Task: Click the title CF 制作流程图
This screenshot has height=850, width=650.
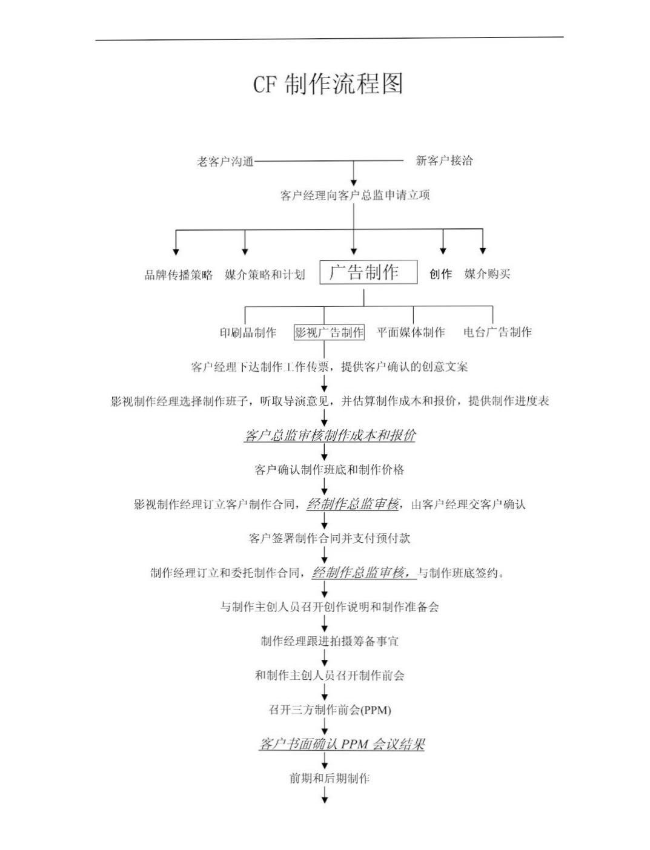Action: [328, 84]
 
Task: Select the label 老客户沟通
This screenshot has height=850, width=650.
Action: [225, 161]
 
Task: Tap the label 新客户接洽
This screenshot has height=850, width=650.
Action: [444, 160]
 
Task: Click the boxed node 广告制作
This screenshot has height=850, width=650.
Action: [368, 272]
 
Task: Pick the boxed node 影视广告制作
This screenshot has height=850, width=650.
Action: [330, 332]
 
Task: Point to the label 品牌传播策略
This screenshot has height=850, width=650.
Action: [179, 275]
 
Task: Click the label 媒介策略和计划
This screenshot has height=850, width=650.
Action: [265, 275]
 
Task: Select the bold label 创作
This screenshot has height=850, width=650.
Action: [440, 274]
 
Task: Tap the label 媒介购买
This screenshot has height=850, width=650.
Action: [487, 274]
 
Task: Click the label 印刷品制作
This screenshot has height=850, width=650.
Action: [248, 332]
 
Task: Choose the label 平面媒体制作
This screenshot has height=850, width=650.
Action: [411, 332]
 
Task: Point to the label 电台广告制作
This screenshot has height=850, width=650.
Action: [497, 332]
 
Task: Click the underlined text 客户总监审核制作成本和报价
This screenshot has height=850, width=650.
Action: [330, 435]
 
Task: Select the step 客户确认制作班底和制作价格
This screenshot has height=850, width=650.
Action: [330, 470]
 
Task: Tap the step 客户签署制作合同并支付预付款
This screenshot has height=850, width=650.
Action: [330, 538]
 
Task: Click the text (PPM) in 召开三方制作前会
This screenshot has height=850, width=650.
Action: [376, 710]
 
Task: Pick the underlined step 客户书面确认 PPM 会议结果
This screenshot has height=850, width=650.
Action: [342, 744]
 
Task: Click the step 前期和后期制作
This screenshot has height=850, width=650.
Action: [330, 779]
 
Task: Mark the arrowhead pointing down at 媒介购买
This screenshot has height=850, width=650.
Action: [483, 251]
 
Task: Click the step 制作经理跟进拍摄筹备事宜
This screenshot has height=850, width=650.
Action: [330, 641]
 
